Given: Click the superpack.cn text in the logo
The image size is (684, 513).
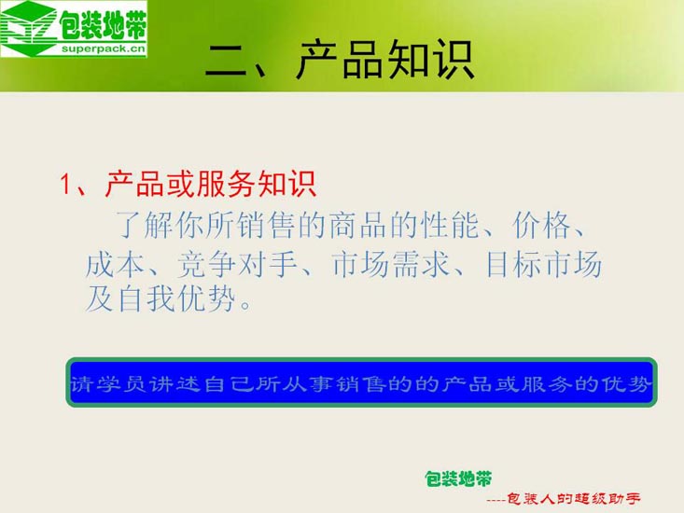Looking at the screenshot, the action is coord(103,49).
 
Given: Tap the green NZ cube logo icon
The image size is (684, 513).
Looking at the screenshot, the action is coord(29,28).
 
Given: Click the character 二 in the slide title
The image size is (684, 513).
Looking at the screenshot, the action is coord(228,62).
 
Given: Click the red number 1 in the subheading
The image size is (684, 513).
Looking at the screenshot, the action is coord(65,184).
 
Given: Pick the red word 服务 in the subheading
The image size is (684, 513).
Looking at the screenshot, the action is coord(226,184).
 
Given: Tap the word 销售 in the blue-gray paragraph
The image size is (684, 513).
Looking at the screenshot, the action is coord(267,225).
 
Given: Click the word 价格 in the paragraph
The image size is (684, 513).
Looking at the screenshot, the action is coord(542,225).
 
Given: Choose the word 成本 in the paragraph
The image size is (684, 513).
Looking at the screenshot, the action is coord(116,264).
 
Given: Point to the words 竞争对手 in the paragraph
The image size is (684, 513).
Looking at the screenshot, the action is coord(237,264).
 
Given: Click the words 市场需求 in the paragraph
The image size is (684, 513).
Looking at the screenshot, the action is coord(390,264).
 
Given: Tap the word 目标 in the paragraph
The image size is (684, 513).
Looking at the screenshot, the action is coord(514,264).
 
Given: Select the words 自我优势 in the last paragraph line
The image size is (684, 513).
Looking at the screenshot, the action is coord(176,298).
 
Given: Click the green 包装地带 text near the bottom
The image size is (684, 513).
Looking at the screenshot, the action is coord(458,479).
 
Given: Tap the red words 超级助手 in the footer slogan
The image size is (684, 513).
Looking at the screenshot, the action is coord(607,499).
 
